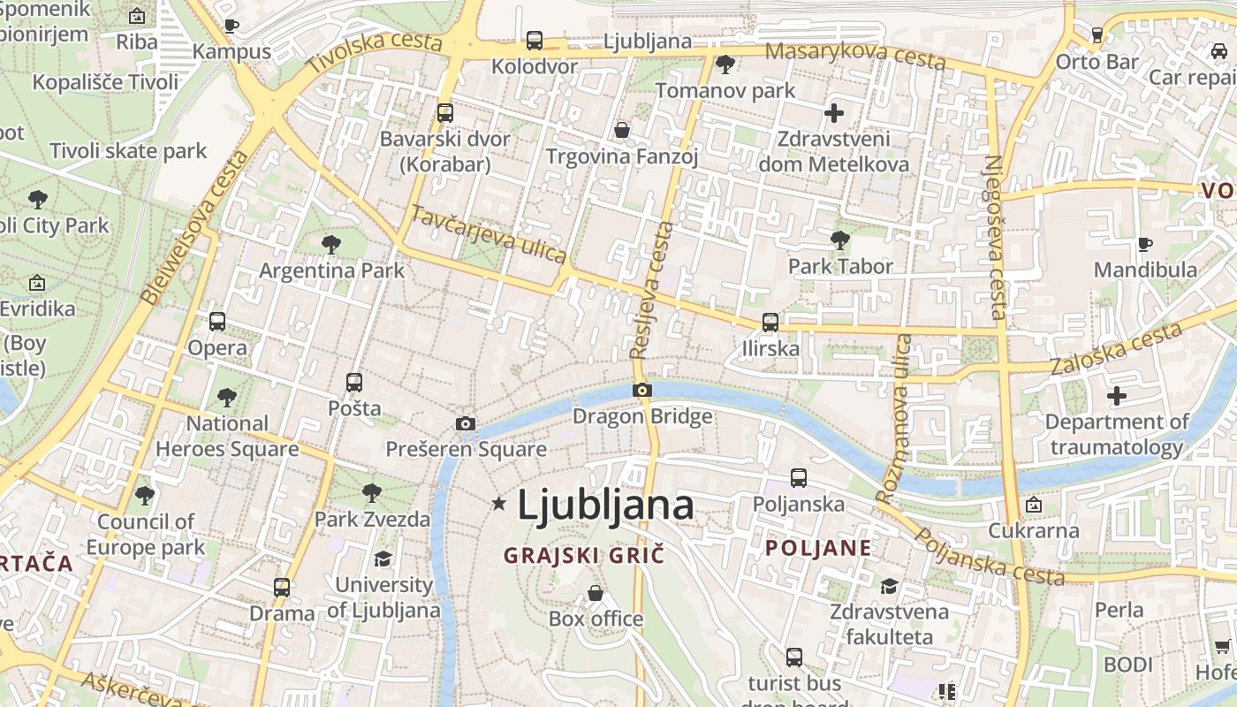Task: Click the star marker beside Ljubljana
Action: [498, 504]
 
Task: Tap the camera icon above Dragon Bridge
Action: [642, 390]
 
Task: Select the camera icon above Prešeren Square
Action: [466, 423]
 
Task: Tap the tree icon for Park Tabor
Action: [840, 239]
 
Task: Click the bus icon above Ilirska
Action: [770, 323]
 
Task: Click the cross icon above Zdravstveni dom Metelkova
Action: [833, 113]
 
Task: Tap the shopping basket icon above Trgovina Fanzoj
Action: [622, 131]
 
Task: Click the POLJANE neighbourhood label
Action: [818, 548]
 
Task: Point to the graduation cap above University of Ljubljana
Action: [383, 559]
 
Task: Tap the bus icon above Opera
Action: [217, 322]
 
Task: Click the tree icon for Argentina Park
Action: [331, 244]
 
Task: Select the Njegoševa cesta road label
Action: [994, 237]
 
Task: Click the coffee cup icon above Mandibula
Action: [1145, 244]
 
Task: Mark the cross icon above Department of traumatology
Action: [1117, 396]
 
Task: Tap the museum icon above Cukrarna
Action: [1033, 505]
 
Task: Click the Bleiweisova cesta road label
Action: [194, 226]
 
